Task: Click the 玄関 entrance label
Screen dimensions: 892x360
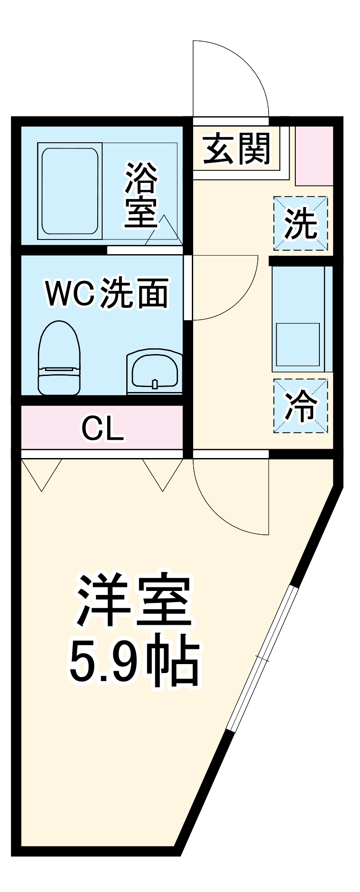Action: [236, 149]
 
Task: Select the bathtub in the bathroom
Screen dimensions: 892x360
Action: [70, 191]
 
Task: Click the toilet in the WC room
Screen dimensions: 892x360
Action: [59, 358]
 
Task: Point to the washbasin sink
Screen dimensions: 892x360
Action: [154, 372]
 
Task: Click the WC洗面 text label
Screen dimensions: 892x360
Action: [107, 293]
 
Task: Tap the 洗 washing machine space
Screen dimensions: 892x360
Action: [301, 223]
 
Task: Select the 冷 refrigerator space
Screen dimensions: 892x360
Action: [301, 405]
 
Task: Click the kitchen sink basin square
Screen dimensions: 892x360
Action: [298, 344]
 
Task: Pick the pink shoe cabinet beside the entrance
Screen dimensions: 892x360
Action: [314, 156]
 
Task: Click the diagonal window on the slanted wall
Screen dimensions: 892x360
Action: [261, 658]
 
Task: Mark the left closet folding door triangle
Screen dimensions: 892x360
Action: [41, 473]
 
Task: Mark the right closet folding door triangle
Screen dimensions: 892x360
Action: [163, 473]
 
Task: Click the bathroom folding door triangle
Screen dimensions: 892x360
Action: [164, 232]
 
